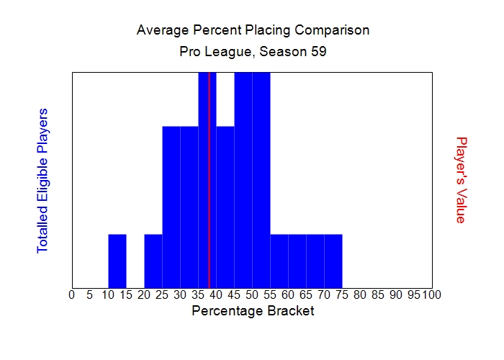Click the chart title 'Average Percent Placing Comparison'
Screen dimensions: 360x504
click(x=253, y=30)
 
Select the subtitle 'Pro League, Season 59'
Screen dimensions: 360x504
click(x=253, y=53)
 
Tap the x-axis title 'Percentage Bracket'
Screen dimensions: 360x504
click(x=253, y=311)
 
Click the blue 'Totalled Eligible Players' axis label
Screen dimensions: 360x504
click(x=42, y=180)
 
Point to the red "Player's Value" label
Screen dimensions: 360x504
click(x=462, y=180)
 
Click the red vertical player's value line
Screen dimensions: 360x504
click(x=209, y=180)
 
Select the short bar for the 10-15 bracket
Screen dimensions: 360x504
click(x=117, y=261)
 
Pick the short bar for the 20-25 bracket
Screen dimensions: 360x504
click(x=153, y=261)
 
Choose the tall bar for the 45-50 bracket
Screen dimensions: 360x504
click(x=243, y=180)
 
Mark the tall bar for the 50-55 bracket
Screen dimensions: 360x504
click(x=261, y=180)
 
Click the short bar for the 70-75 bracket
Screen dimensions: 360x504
click(x=333, y=261)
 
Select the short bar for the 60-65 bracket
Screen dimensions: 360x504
click(x=297, y=261)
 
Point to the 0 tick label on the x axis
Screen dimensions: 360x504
click(x=71, y=294)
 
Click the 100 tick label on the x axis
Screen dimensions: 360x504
click(x=432, y=294)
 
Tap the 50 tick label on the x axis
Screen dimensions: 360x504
click(x=252, y=294)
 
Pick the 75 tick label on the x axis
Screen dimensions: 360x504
click(x=342, y=294)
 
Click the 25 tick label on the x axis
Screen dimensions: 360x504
click(x=162, y=294)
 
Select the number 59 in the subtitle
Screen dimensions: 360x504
click(x=319, y=53)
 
